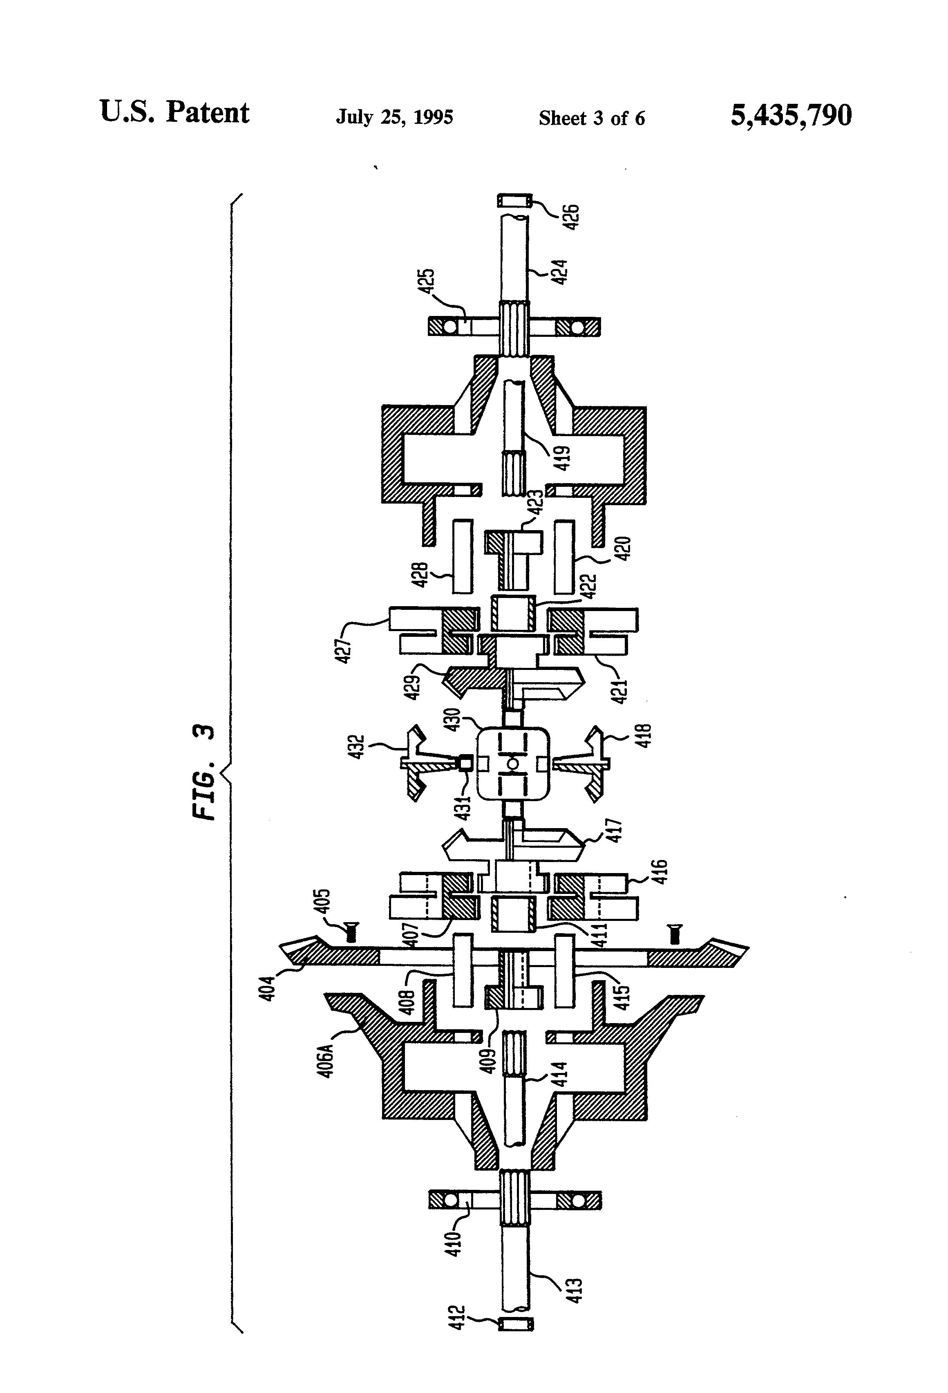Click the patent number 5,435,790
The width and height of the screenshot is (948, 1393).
[790, 115]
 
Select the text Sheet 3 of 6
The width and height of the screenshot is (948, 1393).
[591, 118]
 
